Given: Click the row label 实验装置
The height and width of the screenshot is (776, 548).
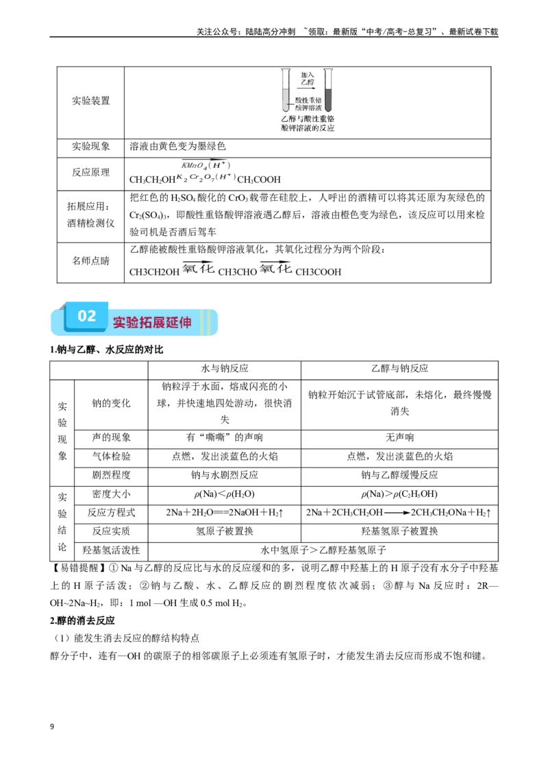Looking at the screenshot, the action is pos(90,101).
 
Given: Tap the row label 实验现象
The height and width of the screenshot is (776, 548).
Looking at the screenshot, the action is pos(90,147).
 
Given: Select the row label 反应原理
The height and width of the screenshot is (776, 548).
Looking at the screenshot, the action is pos(90,172).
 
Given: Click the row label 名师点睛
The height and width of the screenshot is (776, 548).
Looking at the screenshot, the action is pos(90,260).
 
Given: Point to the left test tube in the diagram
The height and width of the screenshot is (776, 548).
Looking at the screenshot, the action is pos(286,90).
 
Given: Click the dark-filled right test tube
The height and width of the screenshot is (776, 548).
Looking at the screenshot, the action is pos(328,90).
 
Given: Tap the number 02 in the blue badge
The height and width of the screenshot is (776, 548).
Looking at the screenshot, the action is pos(86,316).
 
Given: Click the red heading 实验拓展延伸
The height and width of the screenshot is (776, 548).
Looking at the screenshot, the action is pos(152,322).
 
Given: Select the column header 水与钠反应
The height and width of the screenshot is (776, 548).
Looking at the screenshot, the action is pos(225,369).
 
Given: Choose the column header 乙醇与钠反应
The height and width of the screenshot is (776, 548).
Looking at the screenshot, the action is pos(399,369).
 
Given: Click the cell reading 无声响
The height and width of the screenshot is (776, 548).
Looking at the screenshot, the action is pos(399,437).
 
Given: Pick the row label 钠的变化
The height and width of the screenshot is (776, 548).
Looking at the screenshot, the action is pos(111,403).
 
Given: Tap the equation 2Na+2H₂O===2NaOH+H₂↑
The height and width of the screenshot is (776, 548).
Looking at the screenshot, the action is pos(225,513).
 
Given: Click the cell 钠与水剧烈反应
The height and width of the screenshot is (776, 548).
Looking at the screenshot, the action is pos(225,475).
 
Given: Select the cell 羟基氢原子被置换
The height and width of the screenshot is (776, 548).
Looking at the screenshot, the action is pos(399,531).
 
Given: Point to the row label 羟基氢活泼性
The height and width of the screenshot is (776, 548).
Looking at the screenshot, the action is pos(111,550).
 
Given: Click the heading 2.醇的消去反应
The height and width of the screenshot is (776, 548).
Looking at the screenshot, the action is pos(82,620).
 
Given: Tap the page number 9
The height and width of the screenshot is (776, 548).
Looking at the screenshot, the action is pos(52,727).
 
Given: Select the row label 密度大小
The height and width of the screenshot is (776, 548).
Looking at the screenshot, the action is pos(111,494).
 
